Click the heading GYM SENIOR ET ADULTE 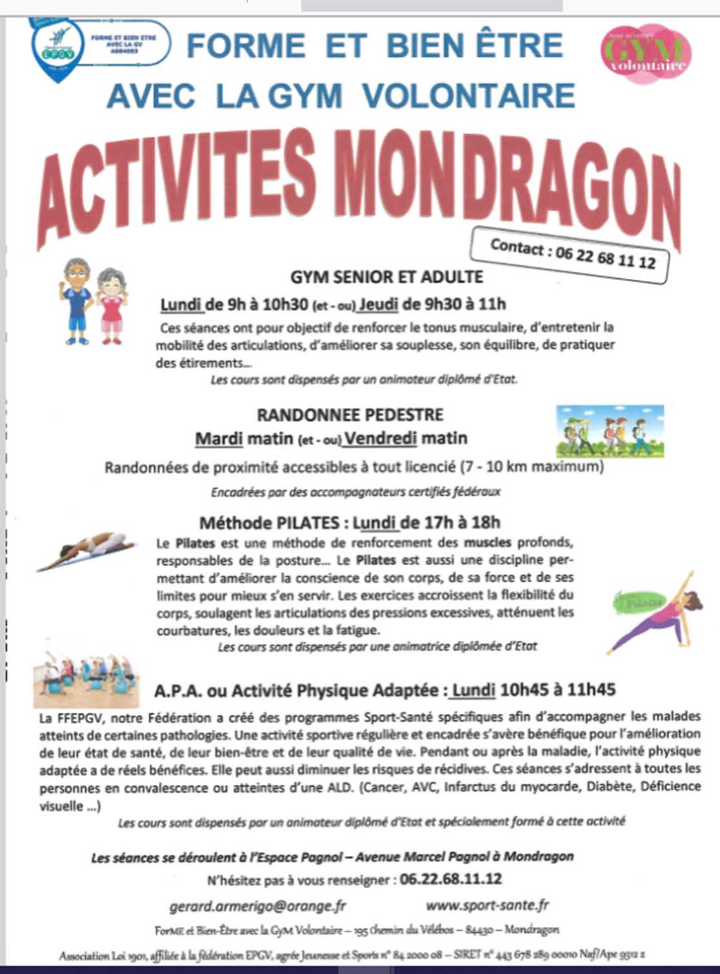(x=386, y=277)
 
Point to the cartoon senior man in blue (x=77, y=301)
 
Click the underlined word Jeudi (x=379, y=304)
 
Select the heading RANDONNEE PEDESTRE (x=350, y=414)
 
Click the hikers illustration (x=610, y=431)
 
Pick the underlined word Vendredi (x=380, y=438)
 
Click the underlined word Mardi (x=219, y=439)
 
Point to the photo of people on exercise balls (x=86, y=677)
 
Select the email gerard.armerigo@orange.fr (x=257, y=906)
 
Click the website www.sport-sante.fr (x=487, y=905)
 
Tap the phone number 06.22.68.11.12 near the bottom (x=450, y=879)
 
